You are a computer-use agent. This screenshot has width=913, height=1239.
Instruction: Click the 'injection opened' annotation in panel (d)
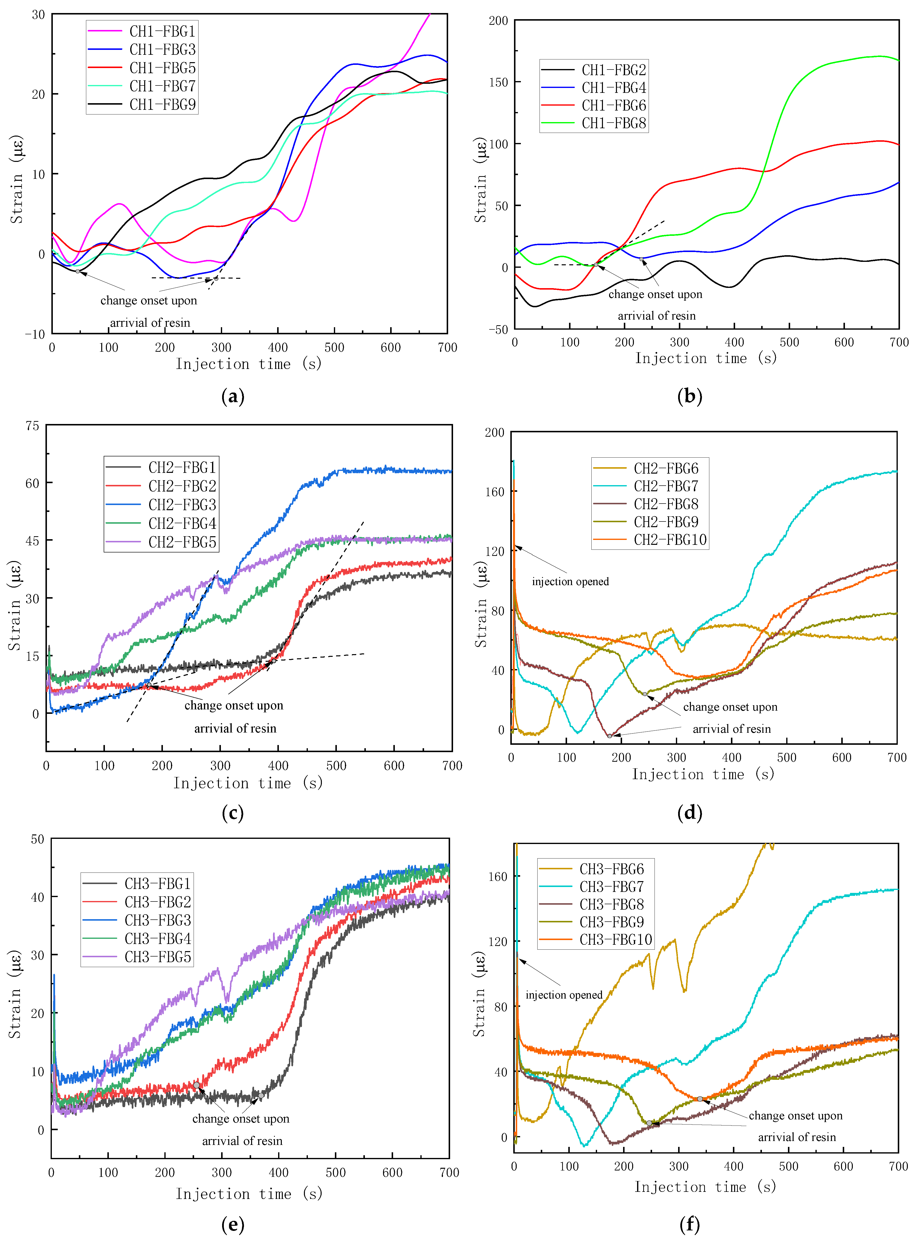570,582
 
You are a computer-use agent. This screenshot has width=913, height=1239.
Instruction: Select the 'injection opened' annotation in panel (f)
564,995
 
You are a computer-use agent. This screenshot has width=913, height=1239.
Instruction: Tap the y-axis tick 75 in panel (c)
33,426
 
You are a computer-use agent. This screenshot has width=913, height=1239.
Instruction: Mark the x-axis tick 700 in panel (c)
452,766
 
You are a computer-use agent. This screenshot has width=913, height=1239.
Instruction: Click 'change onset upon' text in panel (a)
149,300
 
